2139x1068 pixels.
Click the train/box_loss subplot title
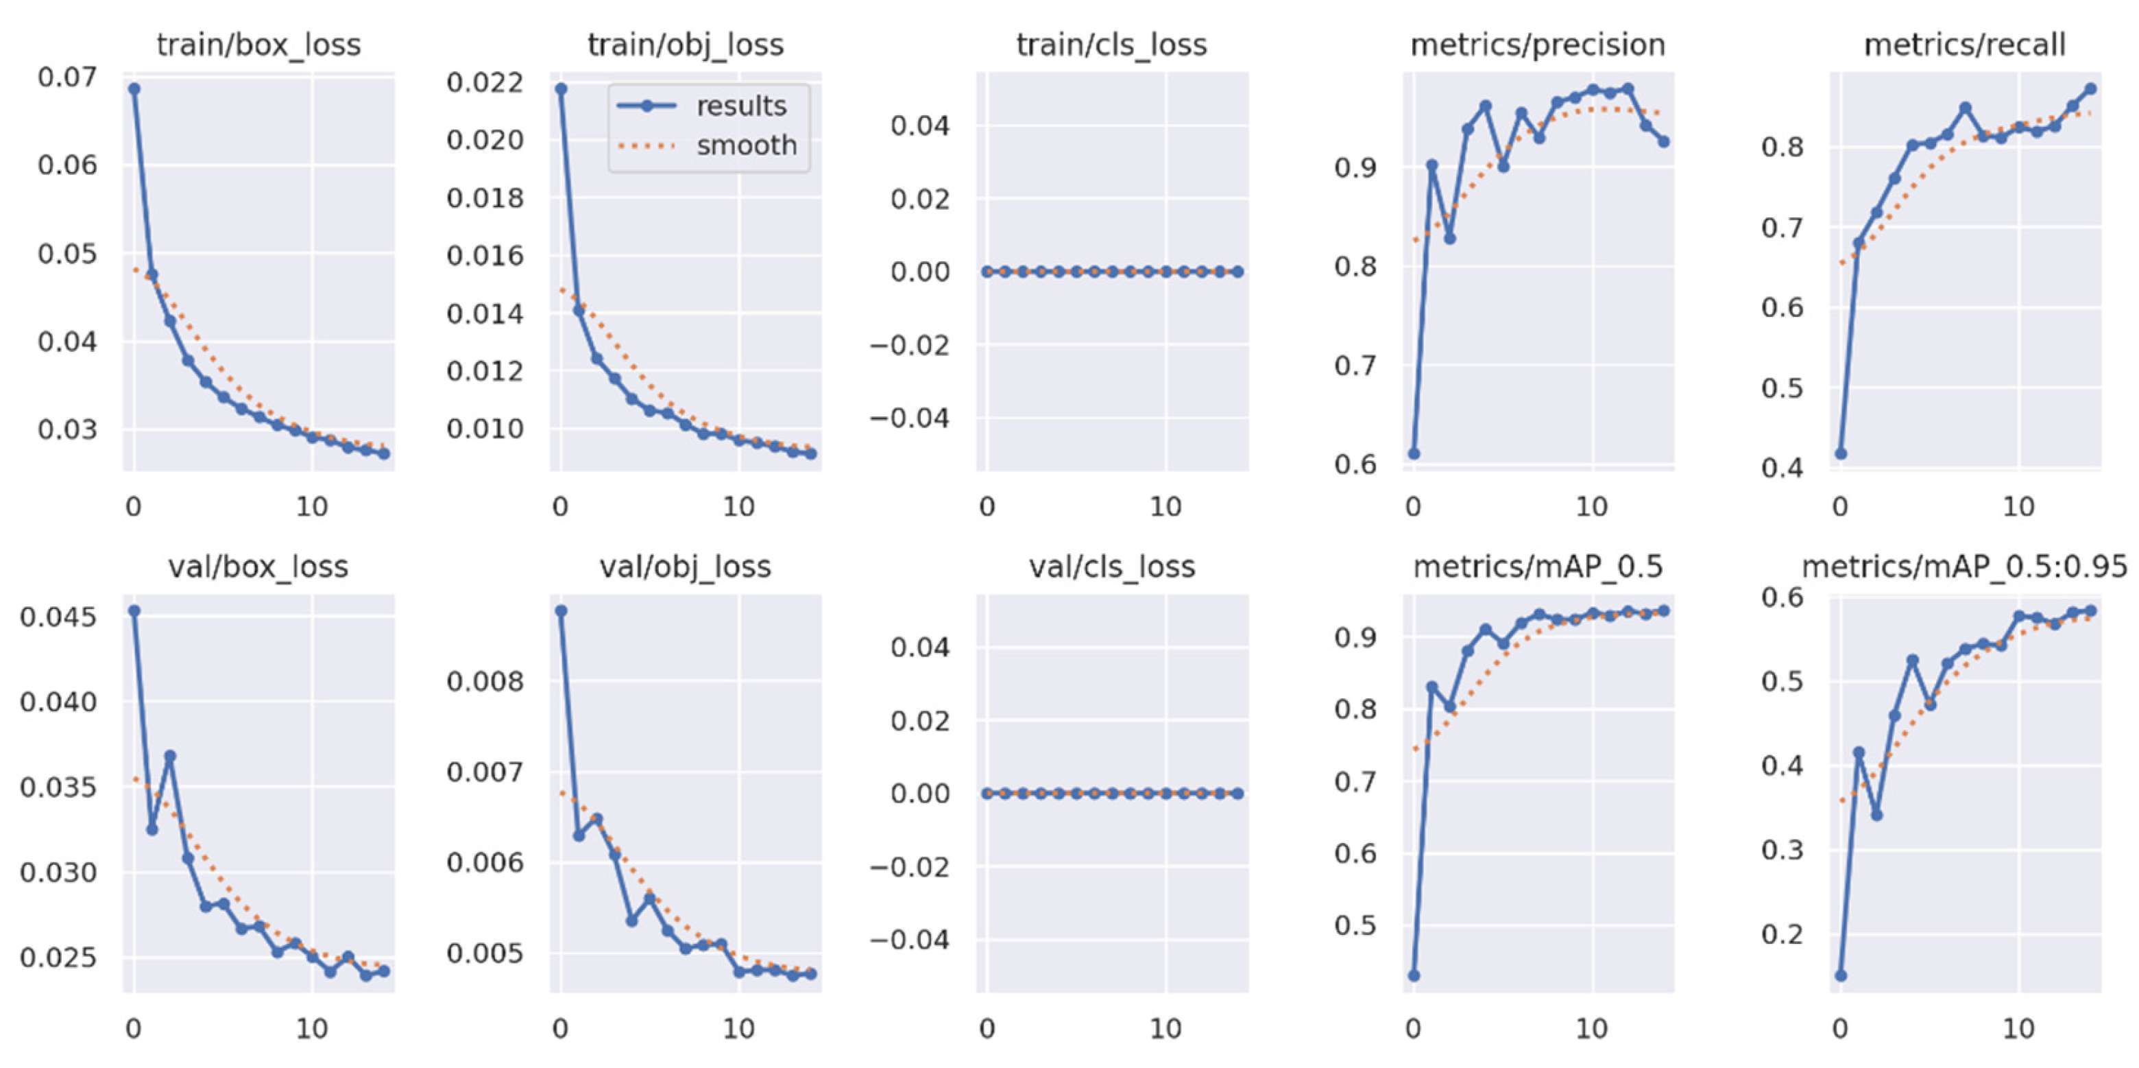(258, 45)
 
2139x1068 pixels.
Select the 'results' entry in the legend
(740, 106)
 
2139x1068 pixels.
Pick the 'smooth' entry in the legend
(746, 146)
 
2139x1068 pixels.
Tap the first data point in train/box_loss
(134, 89)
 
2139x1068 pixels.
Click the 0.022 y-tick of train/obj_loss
(485, 82)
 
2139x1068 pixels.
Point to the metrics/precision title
(1538, 45)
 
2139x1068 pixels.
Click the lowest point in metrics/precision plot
(1414, 453)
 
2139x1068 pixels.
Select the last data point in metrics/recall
(2091, 89)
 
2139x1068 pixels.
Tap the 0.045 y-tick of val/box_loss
(58, 617)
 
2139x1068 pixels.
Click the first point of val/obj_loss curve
(561, 610)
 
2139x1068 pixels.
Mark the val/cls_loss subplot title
(1112, 567)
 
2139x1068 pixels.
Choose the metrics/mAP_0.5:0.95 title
(1965, 567)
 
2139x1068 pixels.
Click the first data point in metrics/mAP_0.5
(1414, 975)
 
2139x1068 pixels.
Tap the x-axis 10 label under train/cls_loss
(1165, 507)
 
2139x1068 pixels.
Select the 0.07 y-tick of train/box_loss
(67, 78)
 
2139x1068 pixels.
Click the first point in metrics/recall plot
(1841, 453)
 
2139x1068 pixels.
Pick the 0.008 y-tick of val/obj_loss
(485, 682)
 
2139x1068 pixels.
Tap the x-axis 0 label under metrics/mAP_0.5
(1413, 1029)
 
